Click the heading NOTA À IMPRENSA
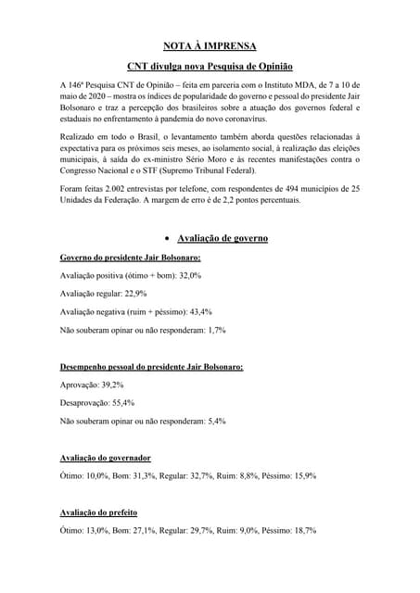210,44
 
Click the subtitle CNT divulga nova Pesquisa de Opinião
210,67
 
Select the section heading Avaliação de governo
223,238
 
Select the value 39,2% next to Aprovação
108,385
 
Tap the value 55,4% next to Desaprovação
121,403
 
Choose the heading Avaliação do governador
106,458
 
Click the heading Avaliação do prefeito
100,512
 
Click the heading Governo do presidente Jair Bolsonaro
130,257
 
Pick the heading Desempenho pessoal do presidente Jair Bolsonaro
152,366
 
